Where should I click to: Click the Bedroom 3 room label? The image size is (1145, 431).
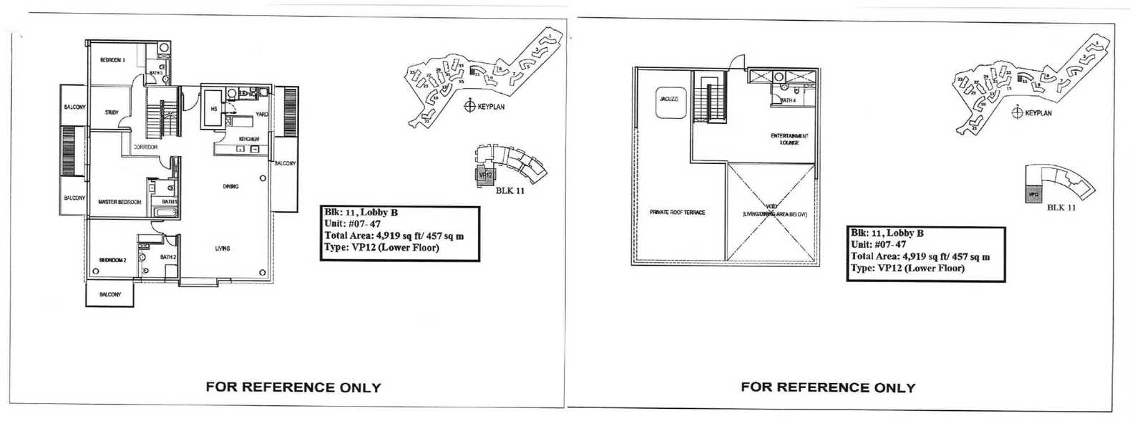pos(112,60)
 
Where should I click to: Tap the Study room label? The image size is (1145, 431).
pos(112,112)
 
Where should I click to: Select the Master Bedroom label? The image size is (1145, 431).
pos(120,202)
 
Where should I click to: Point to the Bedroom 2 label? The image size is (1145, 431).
pos(112,260)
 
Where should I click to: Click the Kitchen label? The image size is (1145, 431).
pos(248,138)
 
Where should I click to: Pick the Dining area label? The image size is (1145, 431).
pos(230,186)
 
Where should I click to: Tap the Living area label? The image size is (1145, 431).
pos(223,248)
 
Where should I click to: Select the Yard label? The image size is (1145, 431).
pos(262,115)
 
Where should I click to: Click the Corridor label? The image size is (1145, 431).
pos(145,147)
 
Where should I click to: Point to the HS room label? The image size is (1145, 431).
pos(213,109)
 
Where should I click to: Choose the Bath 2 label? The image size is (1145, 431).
pos(168,257)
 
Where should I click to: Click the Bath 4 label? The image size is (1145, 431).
pos(788,101)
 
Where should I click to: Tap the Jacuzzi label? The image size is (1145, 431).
pos(669,99)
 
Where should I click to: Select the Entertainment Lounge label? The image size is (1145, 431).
pos(789,139)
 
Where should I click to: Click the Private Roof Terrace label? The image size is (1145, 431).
pos(677,213)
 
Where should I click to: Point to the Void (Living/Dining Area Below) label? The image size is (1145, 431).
pos(774,210)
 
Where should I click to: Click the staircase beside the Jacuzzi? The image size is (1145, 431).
pos(712,103)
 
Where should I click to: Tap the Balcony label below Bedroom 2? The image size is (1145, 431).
pos(110,294)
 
